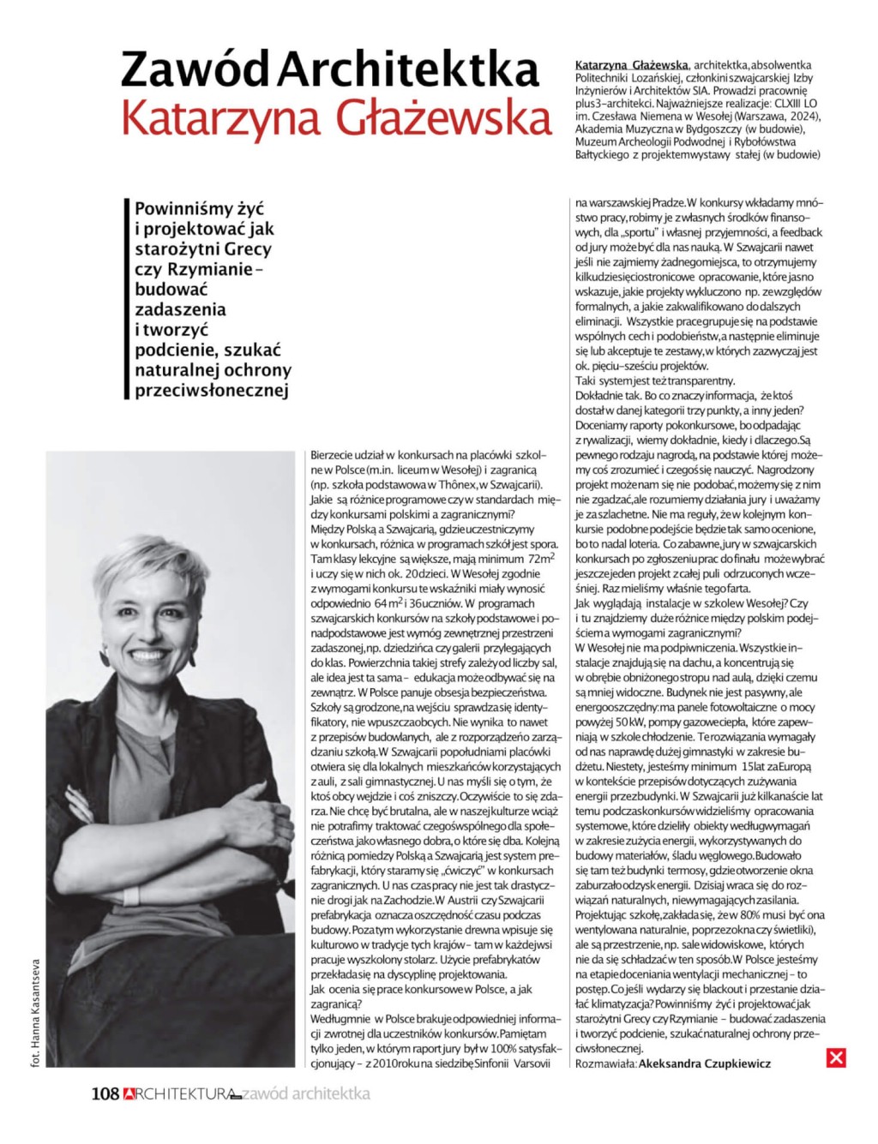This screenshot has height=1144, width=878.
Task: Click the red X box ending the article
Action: click(836, 1057)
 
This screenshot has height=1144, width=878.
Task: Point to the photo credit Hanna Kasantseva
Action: click(36, 1012)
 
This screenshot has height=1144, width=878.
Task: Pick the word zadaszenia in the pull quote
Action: click(180, 309)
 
